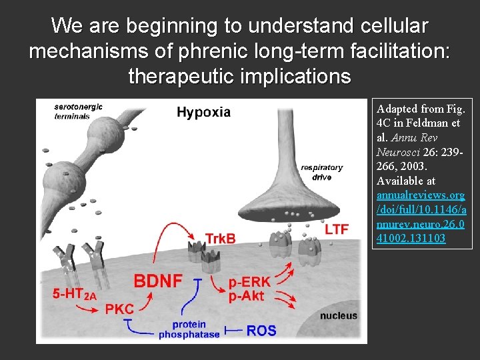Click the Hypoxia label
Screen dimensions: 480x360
pos(203,112)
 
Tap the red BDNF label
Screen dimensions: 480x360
pos(158,281)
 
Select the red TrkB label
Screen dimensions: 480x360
pos(220,238)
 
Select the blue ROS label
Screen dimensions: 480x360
pos(261,329)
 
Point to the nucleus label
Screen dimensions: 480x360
pos(338,315)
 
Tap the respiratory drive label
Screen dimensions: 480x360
pos(321,172)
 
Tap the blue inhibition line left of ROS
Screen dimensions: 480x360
pos(233,329)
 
